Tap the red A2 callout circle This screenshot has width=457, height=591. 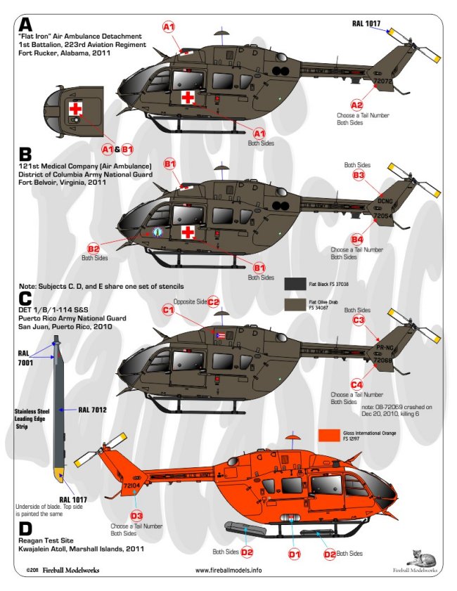(357, 105)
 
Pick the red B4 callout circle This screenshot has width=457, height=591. (357, 239)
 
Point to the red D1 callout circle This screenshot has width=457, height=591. (295, 554)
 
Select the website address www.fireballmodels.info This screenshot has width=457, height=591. (228, 570)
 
